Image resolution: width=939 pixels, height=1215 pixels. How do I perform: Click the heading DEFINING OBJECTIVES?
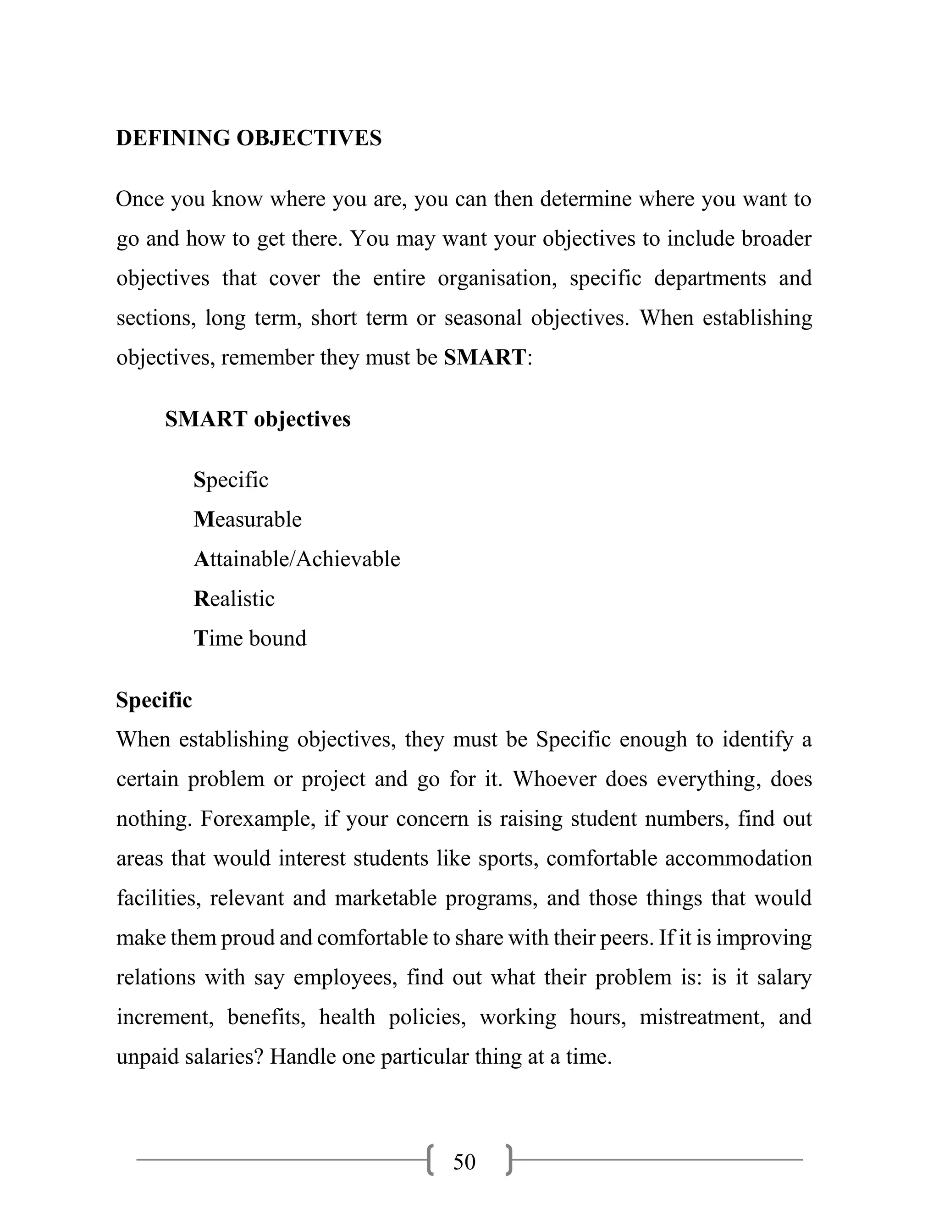(x=249, y=138)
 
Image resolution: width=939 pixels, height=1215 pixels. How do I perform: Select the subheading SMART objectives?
(x=258, y=419)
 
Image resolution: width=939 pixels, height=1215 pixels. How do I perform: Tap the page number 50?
(x=464, y=1162)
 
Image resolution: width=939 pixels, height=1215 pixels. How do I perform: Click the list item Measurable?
(x=248, y=519)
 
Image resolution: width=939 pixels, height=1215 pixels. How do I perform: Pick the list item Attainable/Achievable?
(x=297, y=558)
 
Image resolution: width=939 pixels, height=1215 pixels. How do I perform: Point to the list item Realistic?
(x=234, y=599)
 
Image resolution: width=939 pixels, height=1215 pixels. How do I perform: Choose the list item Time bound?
(x=250, y=638)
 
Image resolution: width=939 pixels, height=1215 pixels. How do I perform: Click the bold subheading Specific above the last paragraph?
(x=154, y=700)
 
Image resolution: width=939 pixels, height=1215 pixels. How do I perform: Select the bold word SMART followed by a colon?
(x=485, y=357)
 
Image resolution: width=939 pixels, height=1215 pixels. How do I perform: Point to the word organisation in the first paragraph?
(x=497, y=278)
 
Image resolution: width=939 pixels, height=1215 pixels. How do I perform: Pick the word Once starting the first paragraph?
(x=139, y=199)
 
